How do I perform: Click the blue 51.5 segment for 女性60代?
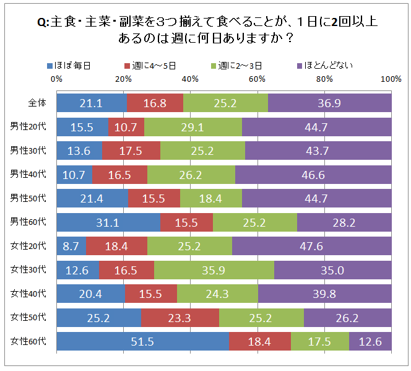[142, 341]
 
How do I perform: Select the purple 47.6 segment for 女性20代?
[311, 246]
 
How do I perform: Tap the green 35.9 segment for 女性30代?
[214, 269]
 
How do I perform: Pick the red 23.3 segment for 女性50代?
[180, 317]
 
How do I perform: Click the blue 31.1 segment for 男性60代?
[108, 222]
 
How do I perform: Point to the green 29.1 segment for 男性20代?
[193, 126]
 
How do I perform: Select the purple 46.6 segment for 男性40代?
[313, 174]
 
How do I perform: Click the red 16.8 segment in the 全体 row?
[155, 103]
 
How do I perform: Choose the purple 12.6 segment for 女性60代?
[370, 341]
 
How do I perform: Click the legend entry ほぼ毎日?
[72, 65]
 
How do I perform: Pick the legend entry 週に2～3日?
[239, 65]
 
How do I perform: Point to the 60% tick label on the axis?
[257, 79]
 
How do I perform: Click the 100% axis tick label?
[391, 79]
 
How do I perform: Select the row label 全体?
[37, 103]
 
